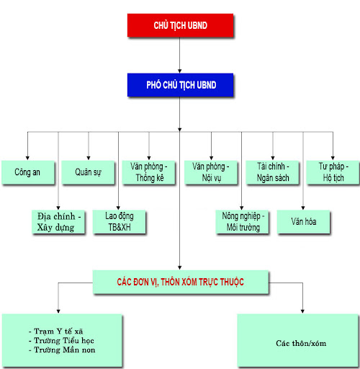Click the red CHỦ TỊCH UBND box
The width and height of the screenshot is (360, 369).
180,25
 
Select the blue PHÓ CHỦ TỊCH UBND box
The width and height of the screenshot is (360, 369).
180,85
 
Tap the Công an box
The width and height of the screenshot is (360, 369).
28,172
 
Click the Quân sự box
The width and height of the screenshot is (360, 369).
88,172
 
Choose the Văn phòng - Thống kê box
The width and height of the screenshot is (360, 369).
149,172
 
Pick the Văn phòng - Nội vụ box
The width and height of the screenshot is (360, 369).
211,172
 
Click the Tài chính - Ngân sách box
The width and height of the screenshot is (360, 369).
273,172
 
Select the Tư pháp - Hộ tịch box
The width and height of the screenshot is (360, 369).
333,172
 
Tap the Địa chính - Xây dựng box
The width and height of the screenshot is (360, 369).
58,222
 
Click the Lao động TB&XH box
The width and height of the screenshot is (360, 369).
120,222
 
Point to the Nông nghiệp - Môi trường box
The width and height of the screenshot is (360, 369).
242,222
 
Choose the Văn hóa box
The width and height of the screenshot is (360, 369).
304,222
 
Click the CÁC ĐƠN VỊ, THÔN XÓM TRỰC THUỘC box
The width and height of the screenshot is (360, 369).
181,282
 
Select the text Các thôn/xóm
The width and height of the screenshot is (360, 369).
301,343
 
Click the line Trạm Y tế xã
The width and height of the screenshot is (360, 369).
56,332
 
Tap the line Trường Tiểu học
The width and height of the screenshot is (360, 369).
61,341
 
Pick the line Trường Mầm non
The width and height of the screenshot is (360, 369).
62,350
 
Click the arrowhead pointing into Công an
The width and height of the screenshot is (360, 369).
27,158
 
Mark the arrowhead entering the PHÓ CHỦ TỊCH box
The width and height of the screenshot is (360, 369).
180,71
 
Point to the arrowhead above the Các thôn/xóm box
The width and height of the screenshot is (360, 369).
302,311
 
